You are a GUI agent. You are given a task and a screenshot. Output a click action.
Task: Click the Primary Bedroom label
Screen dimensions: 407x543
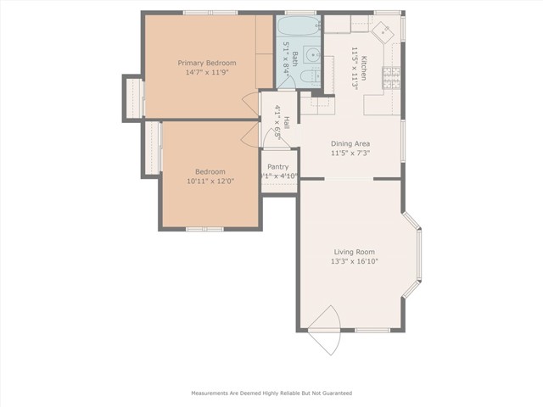pyautogui.click(x=206, y=63)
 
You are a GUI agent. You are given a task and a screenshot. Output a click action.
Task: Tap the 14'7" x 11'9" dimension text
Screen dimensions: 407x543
pyautogui.click(x=206, y=73)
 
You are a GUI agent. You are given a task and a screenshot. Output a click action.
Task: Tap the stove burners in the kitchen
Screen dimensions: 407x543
pyautogui.click(x=393, y=79)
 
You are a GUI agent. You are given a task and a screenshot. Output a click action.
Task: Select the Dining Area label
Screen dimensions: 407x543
pyautogui.click(x=350, y=144)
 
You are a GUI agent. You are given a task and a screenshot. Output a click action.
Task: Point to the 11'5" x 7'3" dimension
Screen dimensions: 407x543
pyautogui.click(x=350, y=154)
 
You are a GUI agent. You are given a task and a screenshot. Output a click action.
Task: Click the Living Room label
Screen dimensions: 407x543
pyautogui.click(x=353, y=252)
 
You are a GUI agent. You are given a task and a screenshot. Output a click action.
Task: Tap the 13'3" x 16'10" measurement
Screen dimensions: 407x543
pyautogui.click(x=353, y=262)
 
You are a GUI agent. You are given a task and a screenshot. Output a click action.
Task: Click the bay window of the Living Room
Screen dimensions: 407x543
pyautogui.click(x=416, y=257)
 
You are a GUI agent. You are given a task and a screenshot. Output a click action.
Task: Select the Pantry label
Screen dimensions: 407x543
pyautogui.click(x=277, y=167)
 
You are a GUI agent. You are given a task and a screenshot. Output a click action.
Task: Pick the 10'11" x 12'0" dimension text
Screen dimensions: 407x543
pyautogui.click(x=210, y=181)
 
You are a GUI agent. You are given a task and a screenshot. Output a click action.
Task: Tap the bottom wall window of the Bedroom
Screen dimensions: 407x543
pyautogui.click(x=204, y=229)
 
